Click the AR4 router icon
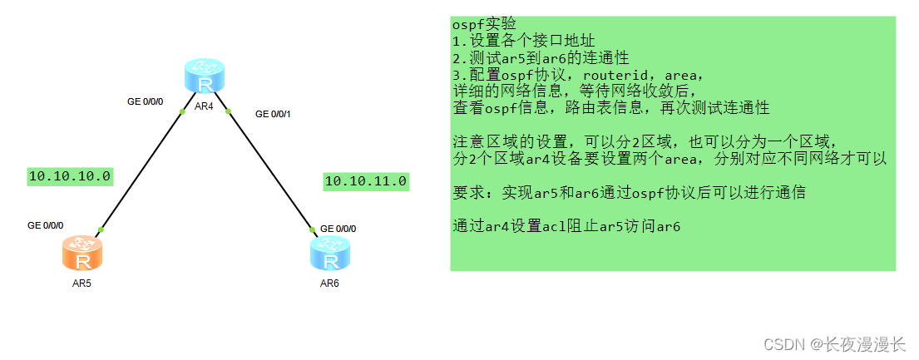point(205,76)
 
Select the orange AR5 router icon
point(82,253)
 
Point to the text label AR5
point(82,284)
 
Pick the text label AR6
point(330,284)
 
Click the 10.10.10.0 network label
point(70,176)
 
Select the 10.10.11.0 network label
point(366,180)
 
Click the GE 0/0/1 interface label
point(273,113)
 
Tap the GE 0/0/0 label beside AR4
point(145,102)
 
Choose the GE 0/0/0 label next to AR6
point(338,228)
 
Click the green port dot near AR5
point(100,229)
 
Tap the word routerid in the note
point(614,75)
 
